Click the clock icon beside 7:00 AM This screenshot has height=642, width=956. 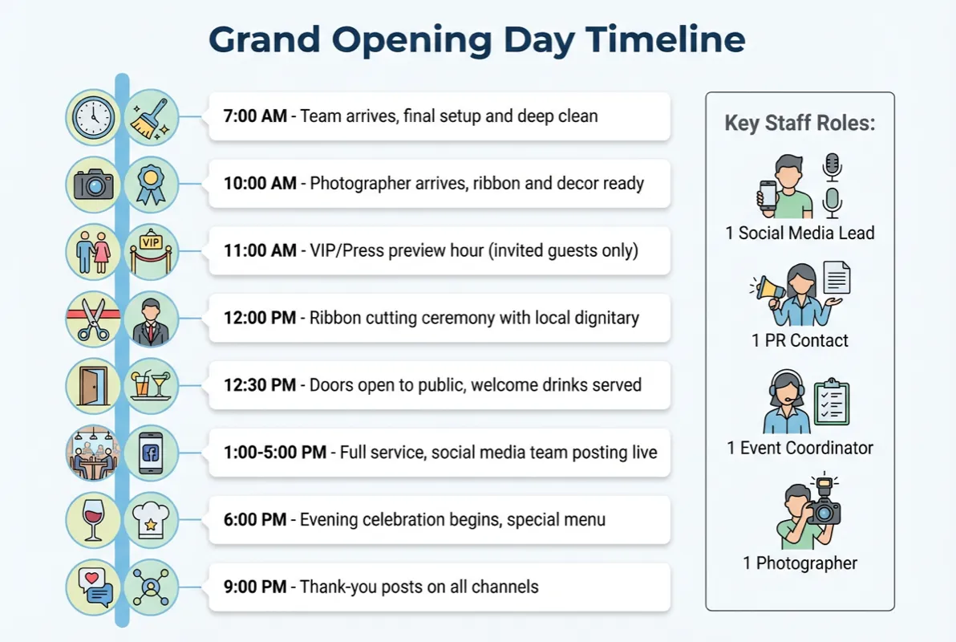point(92,117)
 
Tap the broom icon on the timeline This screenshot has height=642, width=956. point(151,117)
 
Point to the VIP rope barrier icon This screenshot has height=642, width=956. point(151,251)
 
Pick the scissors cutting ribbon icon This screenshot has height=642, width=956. point(92,319)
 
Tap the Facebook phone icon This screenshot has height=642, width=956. point(151,453)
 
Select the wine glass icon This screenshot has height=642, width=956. point(92,519)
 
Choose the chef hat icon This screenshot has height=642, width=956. point(151,519)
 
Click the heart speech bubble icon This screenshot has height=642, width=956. point(92,587)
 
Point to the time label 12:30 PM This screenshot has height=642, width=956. point(260,385)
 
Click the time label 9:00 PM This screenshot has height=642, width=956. point(255,587)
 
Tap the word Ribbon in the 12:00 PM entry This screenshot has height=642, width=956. point(335,319)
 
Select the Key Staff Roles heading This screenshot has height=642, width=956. point(800,124)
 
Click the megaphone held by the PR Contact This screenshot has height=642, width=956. point(767,286)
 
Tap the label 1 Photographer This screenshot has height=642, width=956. point(800,563)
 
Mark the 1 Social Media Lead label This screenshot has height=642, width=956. point(800,234)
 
